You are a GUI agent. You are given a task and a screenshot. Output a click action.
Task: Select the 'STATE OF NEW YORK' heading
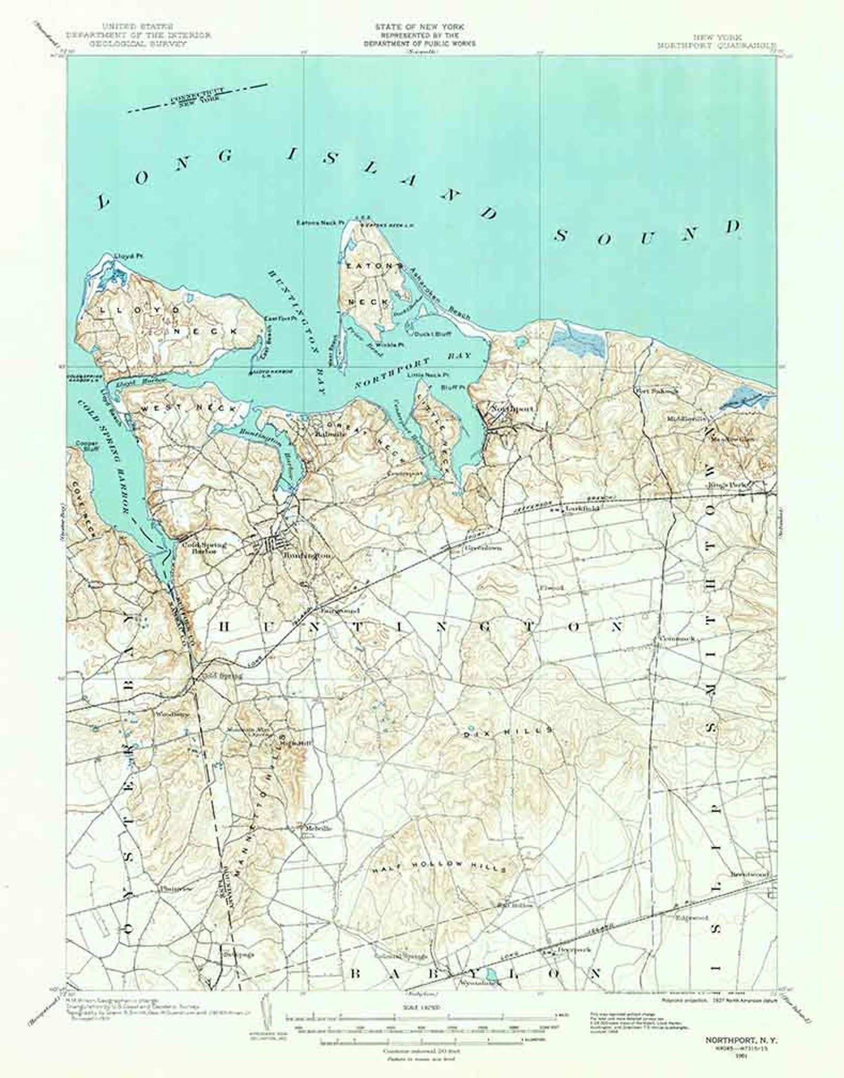pos(419,27)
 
